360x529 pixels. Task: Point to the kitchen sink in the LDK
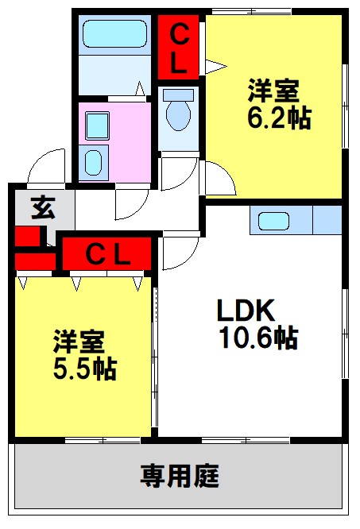point(274,220)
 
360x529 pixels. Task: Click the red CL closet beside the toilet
point(180,49)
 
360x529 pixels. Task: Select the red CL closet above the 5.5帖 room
point(107,255)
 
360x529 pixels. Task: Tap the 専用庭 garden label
point(180,477)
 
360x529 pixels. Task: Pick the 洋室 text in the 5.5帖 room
point(78,342)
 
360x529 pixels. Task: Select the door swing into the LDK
point(180,253)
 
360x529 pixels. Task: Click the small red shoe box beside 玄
point(26,236)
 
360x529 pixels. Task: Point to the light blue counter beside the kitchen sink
point(327,220)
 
